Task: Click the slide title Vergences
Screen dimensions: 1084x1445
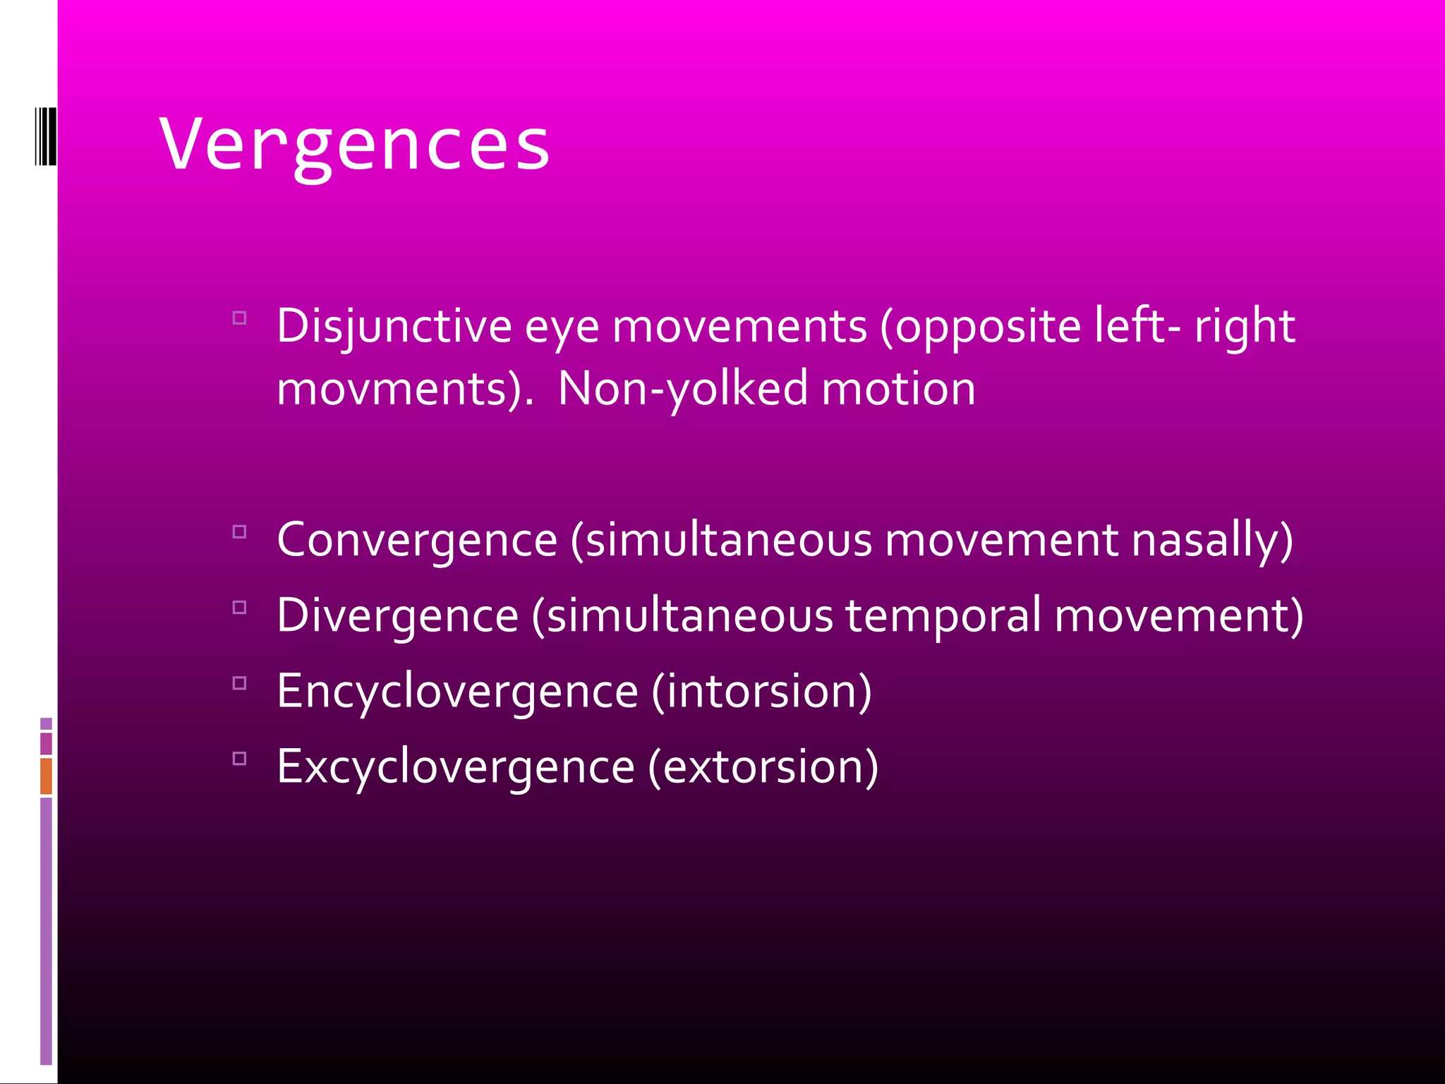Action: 354,145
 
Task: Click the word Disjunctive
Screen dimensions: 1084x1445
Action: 394,327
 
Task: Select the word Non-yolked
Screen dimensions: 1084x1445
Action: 682,389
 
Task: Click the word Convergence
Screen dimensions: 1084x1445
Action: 417,540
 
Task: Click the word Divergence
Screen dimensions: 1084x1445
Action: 398,615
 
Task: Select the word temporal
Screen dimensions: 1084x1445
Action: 943,615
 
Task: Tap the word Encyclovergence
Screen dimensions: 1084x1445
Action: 457,691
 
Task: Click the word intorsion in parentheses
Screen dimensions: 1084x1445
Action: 761,691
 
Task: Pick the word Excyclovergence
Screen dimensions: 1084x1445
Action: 456,766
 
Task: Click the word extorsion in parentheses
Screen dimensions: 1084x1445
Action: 763,766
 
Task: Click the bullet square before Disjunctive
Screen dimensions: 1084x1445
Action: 239,318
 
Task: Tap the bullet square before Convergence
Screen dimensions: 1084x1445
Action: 239,532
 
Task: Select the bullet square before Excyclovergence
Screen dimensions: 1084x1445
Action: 239,759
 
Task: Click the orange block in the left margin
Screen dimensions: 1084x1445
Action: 46,776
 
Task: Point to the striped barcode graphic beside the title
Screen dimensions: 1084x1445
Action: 45,136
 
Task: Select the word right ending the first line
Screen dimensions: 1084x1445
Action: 1245,327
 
